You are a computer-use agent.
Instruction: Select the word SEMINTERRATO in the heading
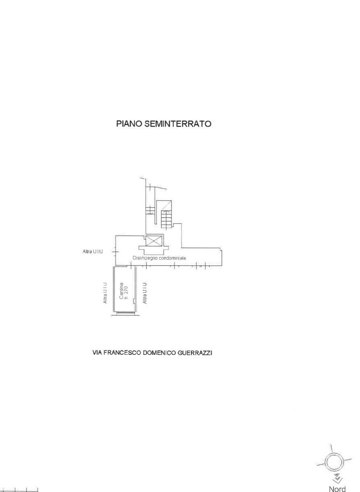pyautogui.click(x=178, y=124)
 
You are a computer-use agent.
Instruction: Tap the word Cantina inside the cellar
pyautogui.click(x=121, y=290)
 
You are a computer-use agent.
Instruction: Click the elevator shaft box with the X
pyautogui.click(x=154, y=240)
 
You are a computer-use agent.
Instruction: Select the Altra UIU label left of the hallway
pyautogui.click(x=92, y=252)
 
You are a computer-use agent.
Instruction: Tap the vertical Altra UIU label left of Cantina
pyautogui.click(x=105, y=293)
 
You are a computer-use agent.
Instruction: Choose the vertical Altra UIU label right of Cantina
pyautogui.click(x=144, y=293)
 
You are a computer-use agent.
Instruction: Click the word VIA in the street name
pyautogui.click(x=97, y=353)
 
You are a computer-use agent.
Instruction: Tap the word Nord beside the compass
pyautogui.click(x=337, y=489)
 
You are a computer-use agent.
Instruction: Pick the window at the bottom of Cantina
pyautogui.click(x=125, y=313)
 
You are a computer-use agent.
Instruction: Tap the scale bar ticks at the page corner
pyautogui.click(x=19, y=489)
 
